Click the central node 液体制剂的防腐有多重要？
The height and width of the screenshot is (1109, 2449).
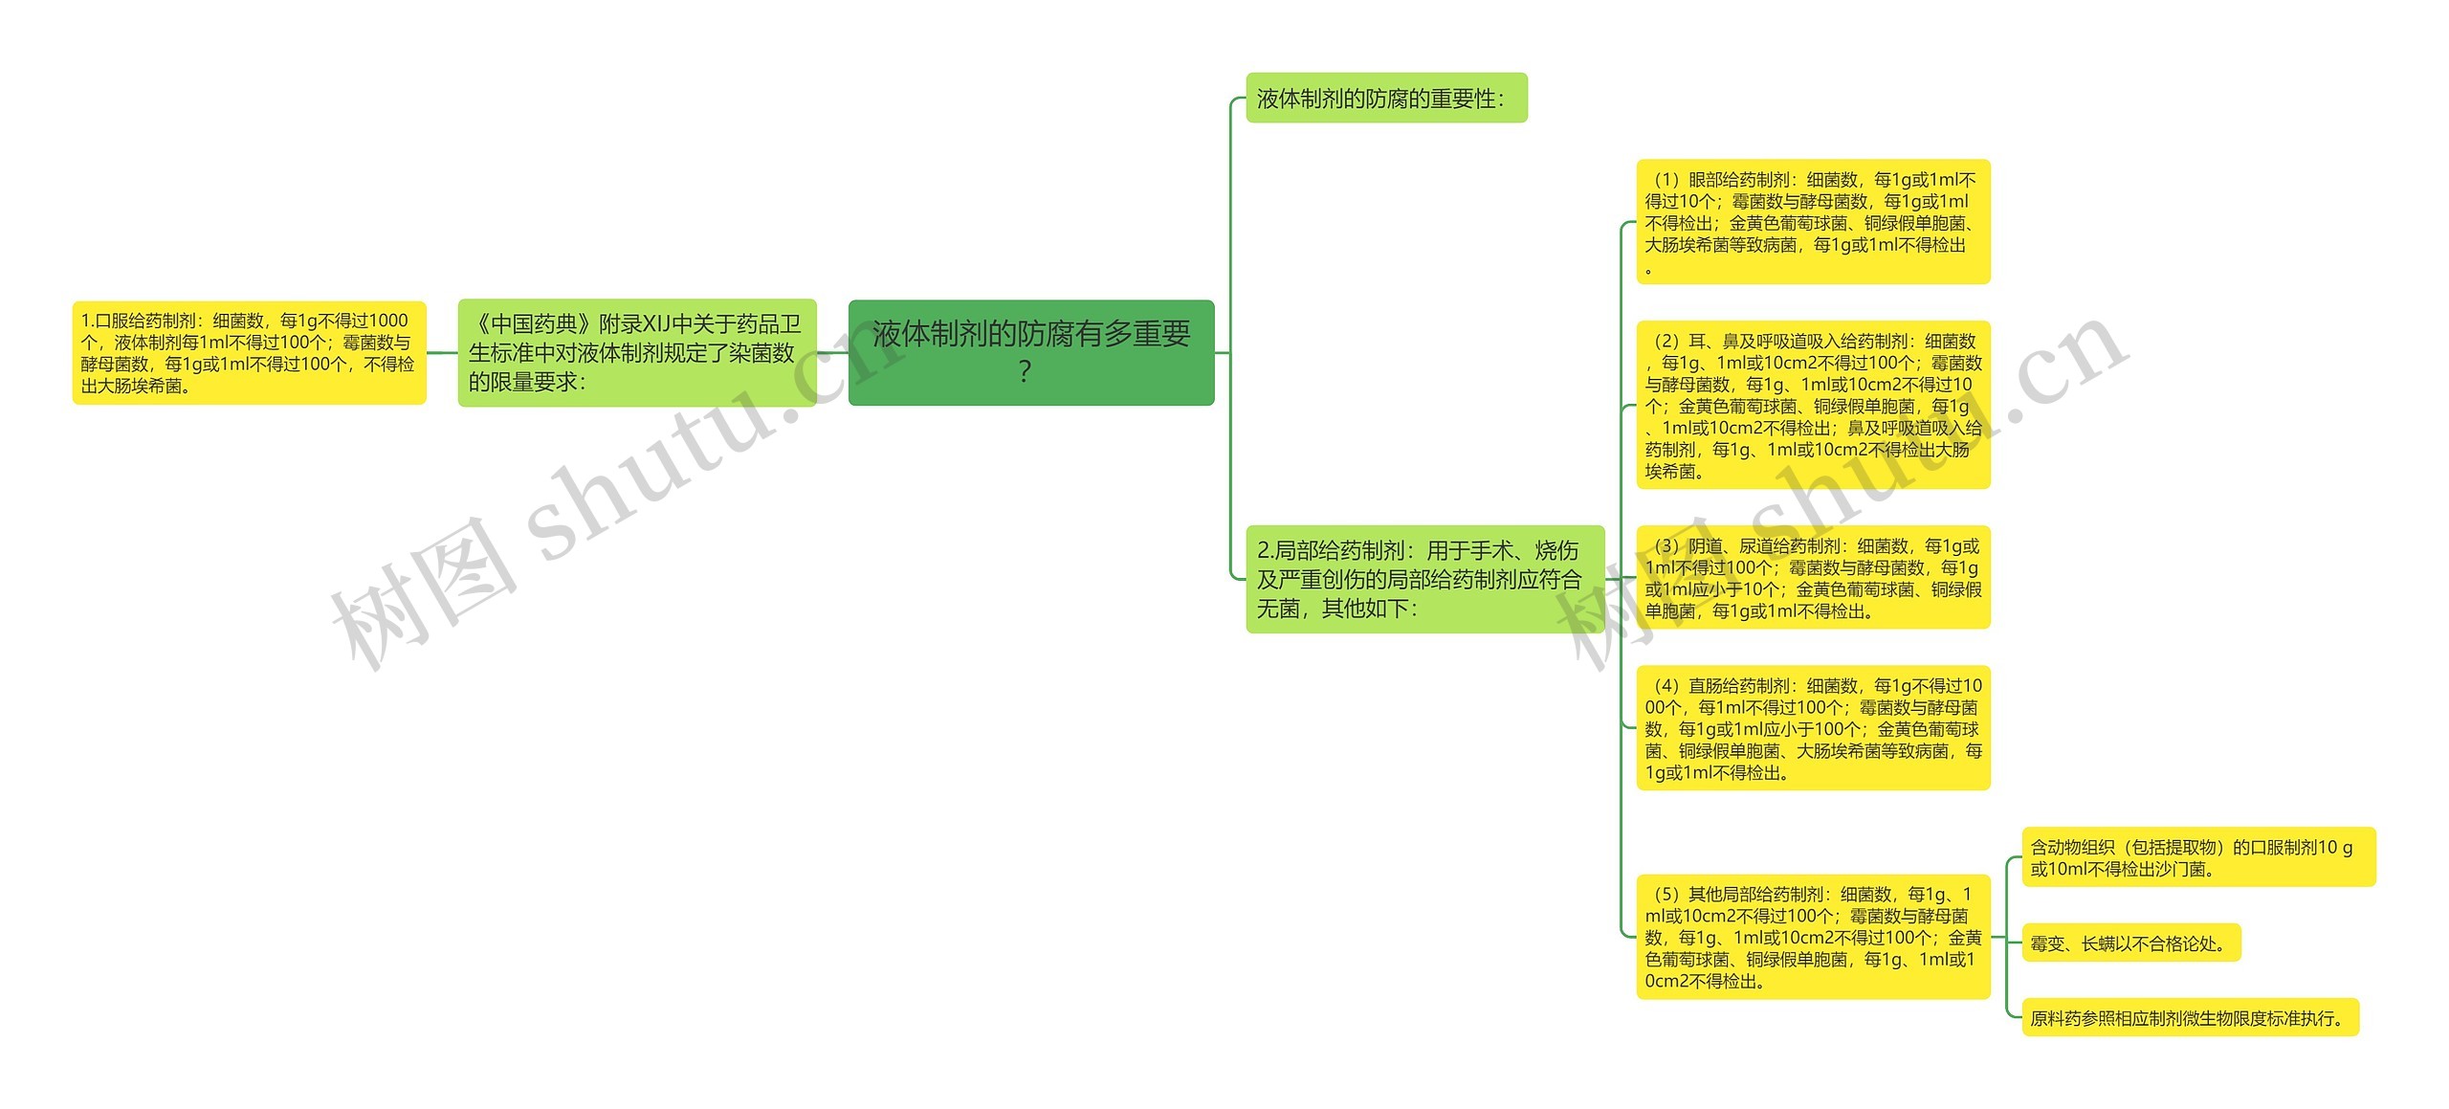click(x=1030, y=352)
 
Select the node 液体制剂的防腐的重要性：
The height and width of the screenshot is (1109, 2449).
click(x=1385, y=98)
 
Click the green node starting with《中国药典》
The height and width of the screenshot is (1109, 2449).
click(x=636, y=352)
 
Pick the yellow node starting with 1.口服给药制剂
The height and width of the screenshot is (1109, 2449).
click(x=249, y=352)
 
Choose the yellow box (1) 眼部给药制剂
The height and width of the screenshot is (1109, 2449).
click(x=1812, y=221)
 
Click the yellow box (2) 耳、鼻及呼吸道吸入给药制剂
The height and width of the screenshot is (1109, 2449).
click(x=1812, y=405)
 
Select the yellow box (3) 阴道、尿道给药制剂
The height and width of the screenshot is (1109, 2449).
click(x=1812, y=577)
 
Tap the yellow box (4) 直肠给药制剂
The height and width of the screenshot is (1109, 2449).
click(x=1812, y=728)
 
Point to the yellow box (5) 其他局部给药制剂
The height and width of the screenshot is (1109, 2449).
click(x=1812, y=937)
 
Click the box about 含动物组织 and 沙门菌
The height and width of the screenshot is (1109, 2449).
click(x=2197, y=857)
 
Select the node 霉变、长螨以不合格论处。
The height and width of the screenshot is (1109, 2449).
click(x=2129, y=943)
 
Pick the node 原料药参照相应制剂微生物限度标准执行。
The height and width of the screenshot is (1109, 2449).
click(x=2189, y=1018)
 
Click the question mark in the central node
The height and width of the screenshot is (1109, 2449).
click(x=1025, y=371)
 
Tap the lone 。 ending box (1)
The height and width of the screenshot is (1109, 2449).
click(x=1648, y=269)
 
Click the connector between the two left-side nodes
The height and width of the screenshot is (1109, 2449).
click(x=441, y=352)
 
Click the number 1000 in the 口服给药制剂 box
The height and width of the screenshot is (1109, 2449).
click(x=387, y=321)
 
